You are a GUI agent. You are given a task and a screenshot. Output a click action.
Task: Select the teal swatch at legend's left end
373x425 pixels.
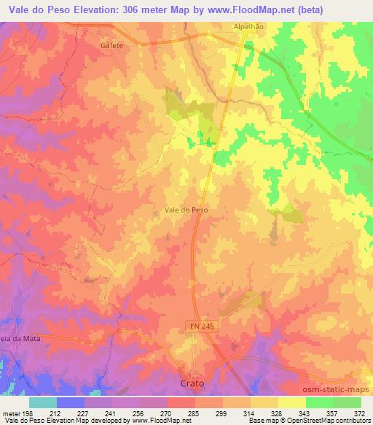click(43, 402)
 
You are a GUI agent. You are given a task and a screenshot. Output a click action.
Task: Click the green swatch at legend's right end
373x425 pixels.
click(347, 402)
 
